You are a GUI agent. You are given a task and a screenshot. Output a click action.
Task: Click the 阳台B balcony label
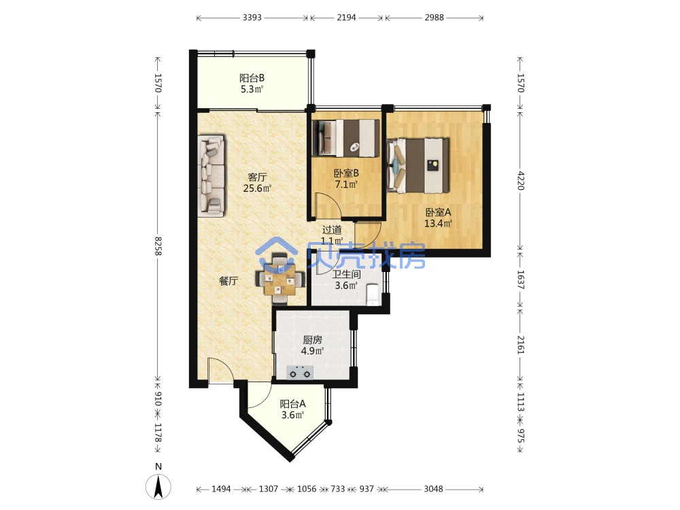(252, 78)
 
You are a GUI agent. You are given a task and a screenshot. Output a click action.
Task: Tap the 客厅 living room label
(257, 177)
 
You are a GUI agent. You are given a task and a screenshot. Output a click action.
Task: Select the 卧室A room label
(438, 212)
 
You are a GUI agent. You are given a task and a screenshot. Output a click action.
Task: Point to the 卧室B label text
(346, 173)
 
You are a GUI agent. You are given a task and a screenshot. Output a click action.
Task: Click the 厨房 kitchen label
(312, 339)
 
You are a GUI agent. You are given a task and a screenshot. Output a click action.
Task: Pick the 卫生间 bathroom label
(346, 274)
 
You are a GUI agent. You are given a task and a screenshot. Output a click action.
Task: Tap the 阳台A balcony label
(292, 404)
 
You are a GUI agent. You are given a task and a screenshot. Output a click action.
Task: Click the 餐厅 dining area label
(228, 281)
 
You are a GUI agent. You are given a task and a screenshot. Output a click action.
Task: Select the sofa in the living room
(211, 175)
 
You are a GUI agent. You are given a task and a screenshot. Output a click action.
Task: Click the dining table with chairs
(281, 279)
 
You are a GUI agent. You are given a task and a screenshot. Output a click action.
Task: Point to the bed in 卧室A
(418, 165)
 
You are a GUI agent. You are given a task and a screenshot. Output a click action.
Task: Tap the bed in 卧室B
(346, 137)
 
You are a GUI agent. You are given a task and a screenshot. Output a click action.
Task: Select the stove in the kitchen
(300, 372)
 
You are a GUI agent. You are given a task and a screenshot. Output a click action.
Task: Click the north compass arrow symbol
(158, 486)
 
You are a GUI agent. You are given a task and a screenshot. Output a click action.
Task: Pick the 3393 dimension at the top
(252, 18)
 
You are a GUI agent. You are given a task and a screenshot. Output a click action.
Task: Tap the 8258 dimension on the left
(158, 245)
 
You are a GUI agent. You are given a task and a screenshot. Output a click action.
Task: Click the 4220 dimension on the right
(521, 180)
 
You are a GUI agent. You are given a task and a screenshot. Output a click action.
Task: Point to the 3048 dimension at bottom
(433, 489)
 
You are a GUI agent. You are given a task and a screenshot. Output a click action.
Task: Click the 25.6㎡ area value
(257, 188)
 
